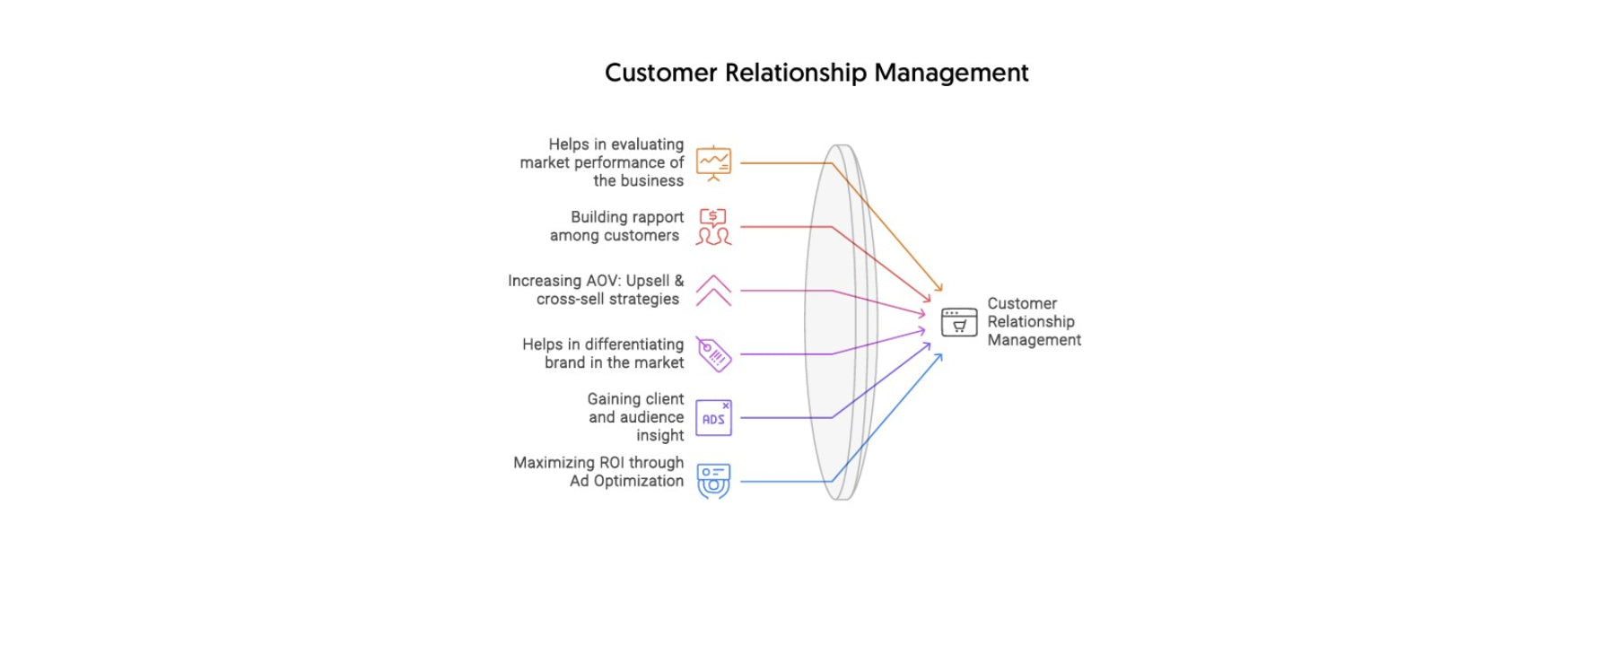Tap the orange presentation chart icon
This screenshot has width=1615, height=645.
(713, 163)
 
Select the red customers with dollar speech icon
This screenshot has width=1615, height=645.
(713, 227)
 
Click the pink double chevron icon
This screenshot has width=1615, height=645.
(713, 291)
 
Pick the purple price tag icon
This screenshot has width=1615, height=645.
(714, 354)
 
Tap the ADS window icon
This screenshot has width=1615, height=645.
(713, 418)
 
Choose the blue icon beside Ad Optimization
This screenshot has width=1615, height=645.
(713, 481)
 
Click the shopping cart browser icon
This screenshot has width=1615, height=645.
(958, 322)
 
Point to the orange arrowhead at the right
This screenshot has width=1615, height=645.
(939, 287)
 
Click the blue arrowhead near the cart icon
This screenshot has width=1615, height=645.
(939, 357)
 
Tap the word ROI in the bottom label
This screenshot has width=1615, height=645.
(611, 463)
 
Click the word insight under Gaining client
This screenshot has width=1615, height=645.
(659, 436)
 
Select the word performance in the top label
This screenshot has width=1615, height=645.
(618, 162)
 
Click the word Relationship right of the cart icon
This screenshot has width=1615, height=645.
(1030, 322)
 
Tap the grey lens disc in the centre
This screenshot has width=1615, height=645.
(839, 323)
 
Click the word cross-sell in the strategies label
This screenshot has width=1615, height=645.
(566, 300)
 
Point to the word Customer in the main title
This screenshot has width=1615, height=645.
(660, 73)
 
